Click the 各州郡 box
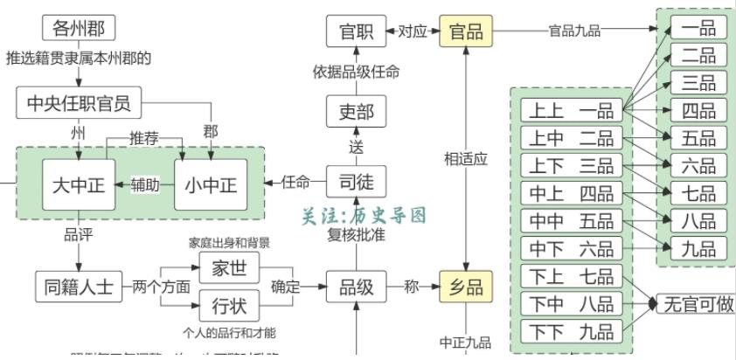[79, 28]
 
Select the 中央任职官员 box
[79, 104]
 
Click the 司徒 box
[356, 182]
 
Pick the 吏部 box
[356, 112]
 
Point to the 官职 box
[356, 31]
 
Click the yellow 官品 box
[466, 31]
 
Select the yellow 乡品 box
[466, 287]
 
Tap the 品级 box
[356, 287]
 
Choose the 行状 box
[229, 306]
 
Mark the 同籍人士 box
[79, 287]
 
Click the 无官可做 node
[697, 305]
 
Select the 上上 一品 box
[573, 111]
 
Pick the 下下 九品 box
[573, 331]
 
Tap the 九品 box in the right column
[699, 248]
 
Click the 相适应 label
[466, 159]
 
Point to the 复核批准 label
[357, 235]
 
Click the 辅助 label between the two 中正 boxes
[146, 184]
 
